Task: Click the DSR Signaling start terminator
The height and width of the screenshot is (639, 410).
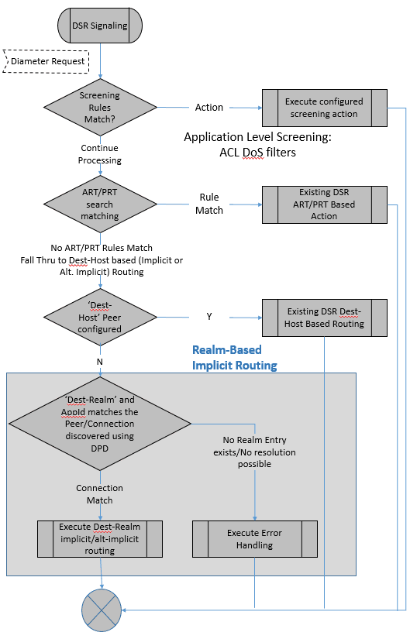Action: click(x=100, y=26)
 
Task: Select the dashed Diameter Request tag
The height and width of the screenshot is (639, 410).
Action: click(x=47, y=60)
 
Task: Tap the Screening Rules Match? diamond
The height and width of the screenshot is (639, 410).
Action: click(x=100, y=108)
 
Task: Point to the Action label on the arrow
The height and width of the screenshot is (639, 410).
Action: click(x=208, y=108)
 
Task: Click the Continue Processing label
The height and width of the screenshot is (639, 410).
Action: click(x=99, y=154)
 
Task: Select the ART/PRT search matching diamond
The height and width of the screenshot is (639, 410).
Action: click(x=100, y=204)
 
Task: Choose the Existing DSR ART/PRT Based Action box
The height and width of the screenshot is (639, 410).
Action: click(x=323, y=204)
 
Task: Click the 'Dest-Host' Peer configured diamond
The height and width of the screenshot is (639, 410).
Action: click(x=100, y=318)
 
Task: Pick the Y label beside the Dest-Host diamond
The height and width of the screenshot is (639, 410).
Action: click(x=208, y=317)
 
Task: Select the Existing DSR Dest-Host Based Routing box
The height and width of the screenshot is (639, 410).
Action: click(x=323, y=318)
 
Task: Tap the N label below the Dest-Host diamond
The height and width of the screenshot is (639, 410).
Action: click(x=99, y=361)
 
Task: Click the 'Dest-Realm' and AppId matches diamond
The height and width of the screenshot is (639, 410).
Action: click(x=100, y=424)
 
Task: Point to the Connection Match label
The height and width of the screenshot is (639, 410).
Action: click(x=99, y=494)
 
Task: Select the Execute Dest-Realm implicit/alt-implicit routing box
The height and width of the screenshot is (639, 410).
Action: click(x=100, y=539)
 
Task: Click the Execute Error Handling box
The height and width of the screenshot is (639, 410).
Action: click(x=255, y=539)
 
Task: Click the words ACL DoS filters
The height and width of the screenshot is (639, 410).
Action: click(x=257, y=153)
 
